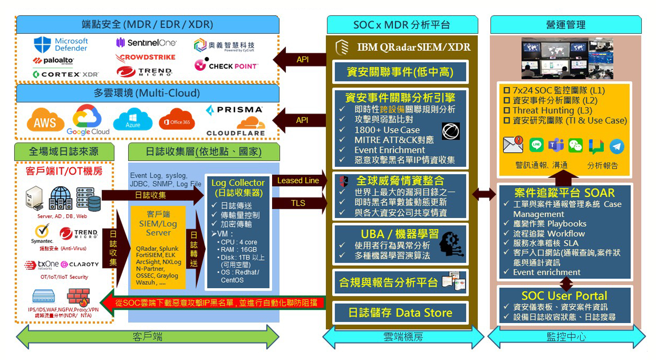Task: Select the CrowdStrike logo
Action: click(146, 57)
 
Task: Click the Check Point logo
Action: click(226, 66)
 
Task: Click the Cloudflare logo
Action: click(236, 128)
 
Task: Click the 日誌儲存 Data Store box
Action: click(400, 312)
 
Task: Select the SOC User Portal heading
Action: click(564, 296)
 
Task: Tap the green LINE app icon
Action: click(536, 145)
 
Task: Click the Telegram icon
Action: click(617, 147)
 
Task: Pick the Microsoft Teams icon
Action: click(556, 145)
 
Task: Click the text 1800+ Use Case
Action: click(387, 130)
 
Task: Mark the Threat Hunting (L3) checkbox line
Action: click(547, 110)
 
